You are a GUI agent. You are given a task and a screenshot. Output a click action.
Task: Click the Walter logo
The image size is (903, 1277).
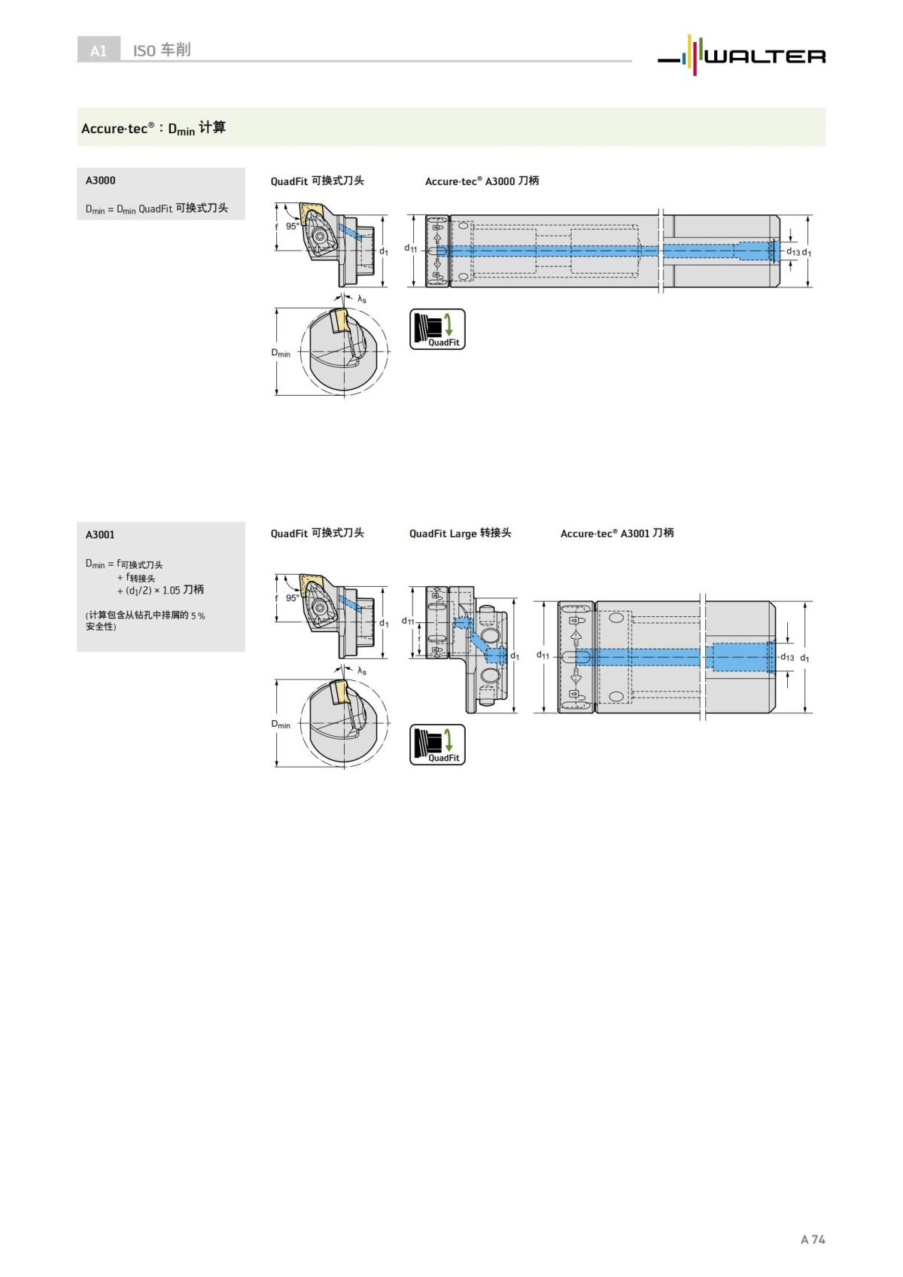[742, 55]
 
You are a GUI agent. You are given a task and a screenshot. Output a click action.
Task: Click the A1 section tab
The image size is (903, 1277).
[99, 50]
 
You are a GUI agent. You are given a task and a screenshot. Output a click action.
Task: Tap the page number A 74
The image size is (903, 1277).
[813, 1239]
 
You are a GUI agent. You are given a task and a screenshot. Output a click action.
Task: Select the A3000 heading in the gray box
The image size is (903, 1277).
[101, 181]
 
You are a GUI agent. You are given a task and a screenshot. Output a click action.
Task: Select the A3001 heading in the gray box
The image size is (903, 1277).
[100, 535]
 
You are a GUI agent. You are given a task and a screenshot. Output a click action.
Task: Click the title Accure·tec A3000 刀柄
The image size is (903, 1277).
[482, 181]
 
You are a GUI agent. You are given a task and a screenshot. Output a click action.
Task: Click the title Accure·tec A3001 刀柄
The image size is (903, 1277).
[617, 534]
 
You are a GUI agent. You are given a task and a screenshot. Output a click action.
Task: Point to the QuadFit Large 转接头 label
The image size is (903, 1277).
[460, 534]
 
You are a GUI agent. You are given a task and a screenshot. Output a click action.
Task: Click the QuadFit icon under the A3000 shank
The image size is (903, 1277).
[437, 329]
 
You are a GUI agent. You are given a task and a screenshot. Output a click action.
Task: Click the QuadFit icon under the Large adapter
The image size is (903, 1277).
[437, 745]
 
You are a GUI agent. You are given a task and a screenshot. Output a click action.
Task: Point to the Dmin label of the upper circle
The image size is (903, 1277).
[281, 353]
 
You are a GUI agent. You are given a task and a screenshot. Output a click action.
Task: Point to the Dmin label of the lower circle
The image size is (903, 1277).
[281, 724]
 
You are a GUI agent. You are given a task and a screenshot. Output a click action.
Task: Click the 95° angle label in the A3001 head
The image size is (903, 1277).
[292, 597]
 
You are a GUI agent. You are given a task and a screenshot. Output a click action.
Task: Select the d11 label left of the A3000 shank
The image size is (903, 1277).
[411, 248]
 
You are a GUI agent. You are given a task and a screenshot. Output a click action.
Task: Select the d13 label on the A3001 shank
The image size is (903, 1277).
[787, 658]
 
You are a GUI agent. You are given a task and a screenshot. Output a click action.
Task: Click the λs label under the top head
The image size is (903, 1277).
[362, 299]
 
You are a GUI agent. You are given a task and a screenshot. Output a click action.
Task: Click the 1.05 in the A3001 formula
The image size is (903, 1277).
[171, 590]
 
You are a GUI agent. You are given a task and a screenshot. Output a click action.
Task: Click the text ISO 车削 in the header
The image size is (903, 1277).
[162, 50]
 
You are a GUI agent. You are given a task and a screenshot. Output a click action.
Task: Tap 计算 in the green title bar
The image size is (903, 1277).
[212, 127]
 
